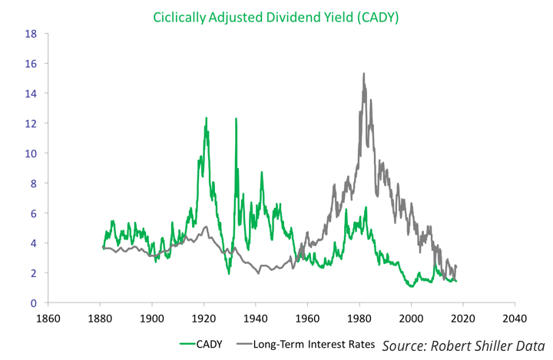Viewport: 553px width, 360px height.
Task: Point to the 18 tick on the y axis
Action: click(31, 34)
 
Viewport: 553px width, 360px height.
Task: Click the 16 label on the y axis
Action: click(31, 64)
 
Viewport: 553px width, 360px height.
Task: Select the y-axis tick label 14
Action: click(31, 94)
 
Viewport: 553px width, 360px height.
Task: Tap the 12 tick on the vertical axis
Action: click(31, 124)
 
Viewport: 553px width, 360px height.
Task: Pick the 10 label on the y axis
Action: click(31, 154)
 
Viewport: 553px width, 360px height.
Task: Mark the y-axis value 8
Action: click(33, 183)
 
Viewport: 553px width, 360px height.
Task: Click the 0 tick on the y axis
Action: click(33, 303)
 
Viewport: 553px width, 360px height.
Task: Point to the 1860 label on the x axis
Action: click(48, 318)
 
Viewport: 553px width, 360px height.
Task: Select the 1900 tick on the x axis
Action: click(151, 318)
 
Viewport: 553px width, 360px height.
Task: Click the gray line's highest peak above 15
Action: click(363, 74)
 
